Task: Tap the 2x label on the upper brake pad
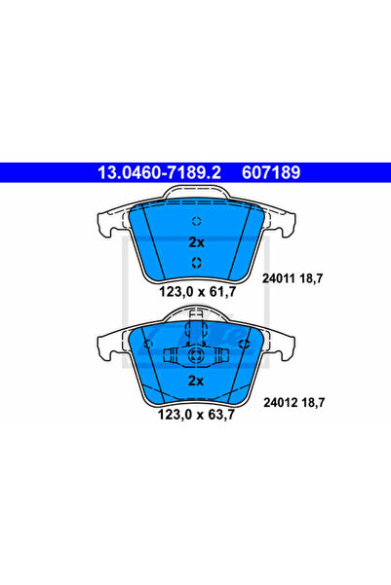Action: point(195,241)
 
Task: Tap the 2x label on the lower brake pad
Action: point(195,382)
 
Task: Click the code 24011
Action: point(278,277)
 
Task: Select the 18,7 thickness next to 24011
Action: point(311,277)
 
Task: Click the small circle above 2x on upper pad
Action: point(195,220)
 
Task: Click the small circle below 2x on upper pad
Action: point(195,262)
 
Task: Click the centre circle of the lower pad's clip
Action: point(195,356)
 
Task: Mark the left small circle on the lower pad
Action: point(148,343)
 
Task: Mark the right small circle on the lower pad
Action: point(242,343)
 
